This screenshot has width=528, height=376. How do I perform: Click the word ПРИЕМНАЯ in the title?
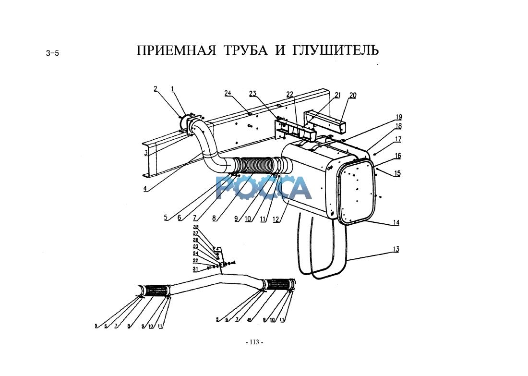click(x=176, y=50)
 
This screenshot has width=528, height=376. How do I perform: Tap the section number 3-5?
click(x=52, y=53)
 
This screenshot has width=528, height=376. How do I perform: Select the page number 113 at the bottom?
click(x=254, y=342)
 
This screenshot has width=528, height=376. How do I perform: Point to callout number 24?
click(x=228, y=93)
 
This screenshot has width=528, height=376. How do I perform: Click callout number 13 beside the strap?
click(x=396, y=249)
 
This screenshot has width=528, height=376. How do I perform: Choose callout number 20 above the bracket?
click(x=353, y=95)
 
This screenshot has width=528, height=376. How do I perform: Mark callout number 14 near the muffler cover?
click(x=396, y=222)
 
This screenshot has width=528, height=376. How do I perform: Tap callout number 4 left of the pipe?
click(x=145, y=189)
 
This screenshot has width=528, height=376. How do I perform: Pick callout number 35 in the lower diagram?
click(x=196, y=227)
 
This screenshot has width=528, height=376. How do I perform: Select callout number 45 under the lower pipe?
click(x=249, y=320)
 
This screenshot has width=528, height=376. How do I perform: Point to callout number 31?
click(x=195, y=269)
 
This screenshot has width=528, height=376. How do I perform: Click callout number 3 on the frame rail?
click(x=145, y=153)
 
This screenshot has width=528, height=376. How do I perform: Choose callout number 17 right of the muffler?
click(x=398, y=139)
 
